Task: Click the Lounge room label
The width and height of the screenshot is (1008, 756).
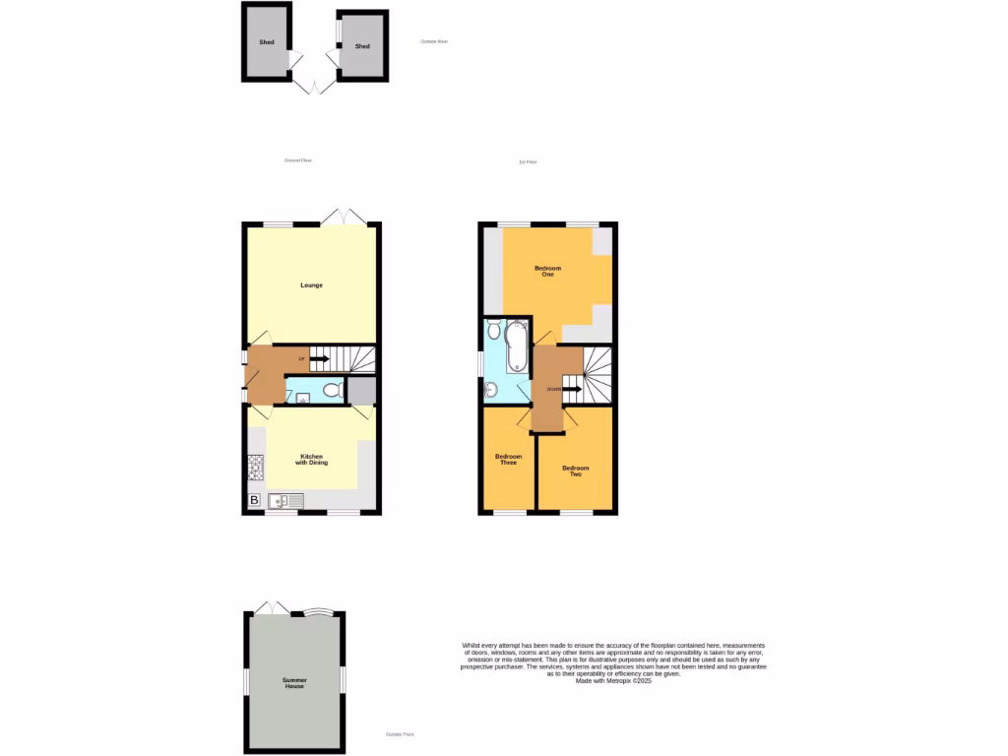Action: click(311, 285)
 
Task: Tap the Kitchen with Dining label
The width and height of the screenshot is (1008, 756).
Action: click(313, 460)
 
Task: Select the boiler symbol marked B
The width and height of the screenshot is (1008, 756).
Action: click(254, 501)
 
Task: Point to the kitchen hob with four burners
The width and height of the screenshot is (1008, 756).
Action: click(255, 466)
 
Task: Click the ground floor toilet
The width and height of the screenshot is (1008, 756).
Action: click(332, 391)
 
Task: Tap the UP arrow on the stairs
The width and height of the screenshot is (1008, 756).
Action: click(319, 358)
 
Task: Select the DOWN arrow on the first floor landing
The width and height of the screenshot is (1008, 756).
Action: click(567, 389)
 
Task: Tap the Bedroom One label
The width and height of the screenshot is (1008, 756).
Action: click(547, 271)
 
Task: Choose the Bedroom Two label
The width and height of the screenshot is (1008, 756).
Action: click(576, 471)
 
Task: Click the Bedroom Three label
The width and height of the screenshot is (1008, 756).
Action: click(508, 459)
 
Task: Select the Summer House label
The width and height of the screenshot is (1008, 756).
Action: click(293, 683)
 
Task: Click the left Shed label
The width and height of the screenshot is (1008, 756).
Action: click(266, 42)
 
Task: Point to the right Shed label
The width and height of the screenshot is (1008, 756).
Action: click(362, 46)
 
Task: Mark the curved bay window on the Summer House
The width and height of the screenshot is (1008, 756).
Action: click(317, 612)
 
